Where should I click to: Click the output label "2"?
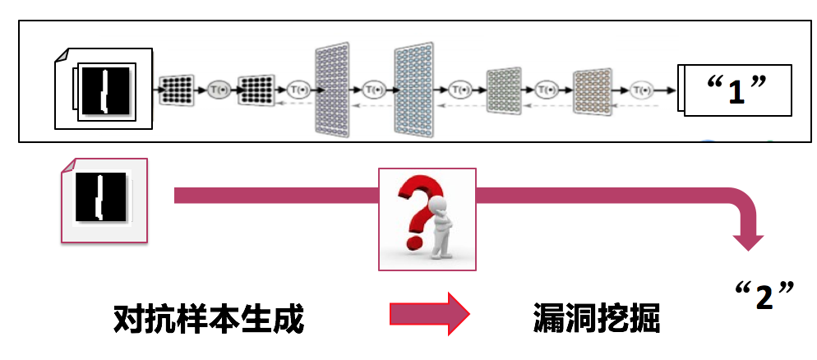tap(764, 295)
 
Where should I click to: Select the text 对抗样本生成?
tap(209, 319)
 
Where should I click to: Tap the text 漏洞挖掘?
tap(598, 319)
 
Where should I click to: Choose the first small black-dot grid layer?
tap(176, 88)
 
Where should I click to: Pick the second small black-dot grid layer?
tap(255, 88)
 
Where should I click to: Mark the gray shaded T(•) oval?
tap(217, 88)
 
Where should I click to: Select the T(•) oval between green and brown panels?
tap(547, 88)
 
